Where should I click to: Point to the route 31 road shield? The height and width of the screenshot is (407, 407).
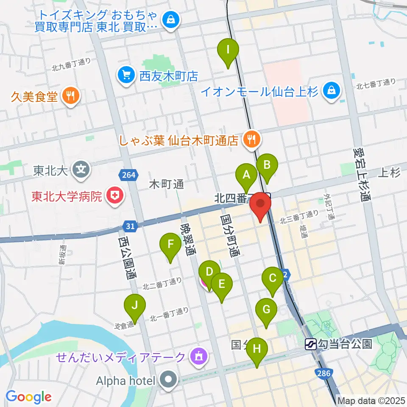pyautogui.click(x=131, y=226)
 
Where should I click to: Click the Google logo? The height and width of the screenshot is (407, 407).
pyautogui.click(x=28, y=397)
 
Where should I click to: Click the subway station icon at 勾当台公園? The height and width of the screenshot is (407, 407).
pyautogui.click(x=311, y=343)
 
